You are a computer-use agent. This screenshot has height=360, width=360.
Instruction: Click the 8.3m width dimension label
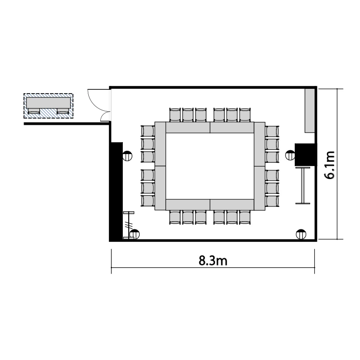coord(213,261)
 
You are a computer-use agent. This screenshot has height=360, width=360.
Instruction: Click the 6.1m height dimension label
coord(329,165)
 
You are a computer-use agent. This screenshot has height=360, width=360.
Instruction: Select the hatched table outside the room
coord(48,106)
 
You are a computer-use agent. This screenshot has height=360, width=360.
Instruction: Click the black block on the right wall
coord(305,155)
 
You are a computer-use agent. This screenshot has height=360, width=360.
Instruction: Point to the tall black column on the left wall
coord(117,191)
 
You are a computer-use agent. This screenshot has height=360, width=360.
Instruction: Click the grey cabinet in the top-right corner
coord(310,111)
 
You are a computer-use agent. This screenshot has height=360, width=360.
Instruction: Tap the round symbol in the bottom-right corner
coord(301,234)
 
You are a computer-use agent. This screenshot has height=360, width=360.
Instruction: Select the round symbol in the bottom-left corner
coord(134,234)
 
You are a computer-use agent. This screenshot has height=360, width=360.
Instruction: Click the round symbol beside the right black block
coord(290,155)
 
